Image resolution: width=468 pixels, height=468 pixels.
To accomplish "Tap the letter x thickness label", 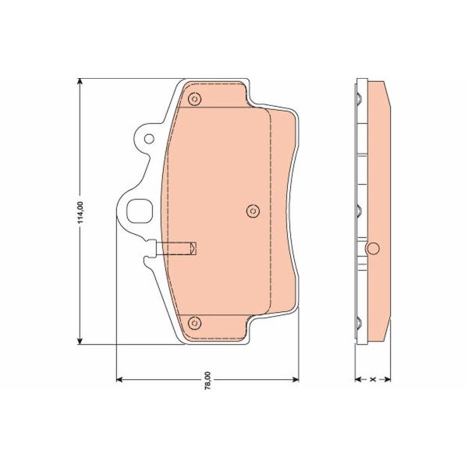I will pyautogui.click(x=374, y=380).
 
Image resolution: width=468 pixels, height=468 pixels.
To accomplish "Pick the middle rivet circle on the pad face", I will pyautogui.click(x=252, y=210).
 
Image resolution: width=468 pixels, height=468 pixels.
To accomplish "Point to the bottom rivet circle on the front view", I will pyautogui.click(x=195, y=323).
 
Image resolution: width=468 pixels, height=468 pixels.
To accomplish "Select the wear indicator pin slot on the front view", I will pyautogui.click(x=178, y=250).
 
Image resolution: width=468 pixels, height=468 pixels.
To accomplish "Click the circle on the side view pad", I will pyautogui.click(x=373, y=249).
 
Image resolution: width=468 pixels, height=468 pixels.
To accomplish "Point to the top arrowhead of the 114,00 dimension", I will pyautogui.click(x=81, y=83).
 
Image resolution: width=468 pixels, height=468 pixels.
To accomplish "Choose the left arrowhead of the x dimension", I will pyautogui.click(x=358, y=380).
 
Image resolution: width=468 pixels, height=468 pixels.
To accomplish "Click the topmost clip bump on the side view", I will pyautogui.click(x=358, y=98).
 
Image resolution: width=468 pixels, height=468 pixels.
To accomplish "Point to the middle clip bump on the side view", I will pyautogui.click(x=358, y=210).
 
